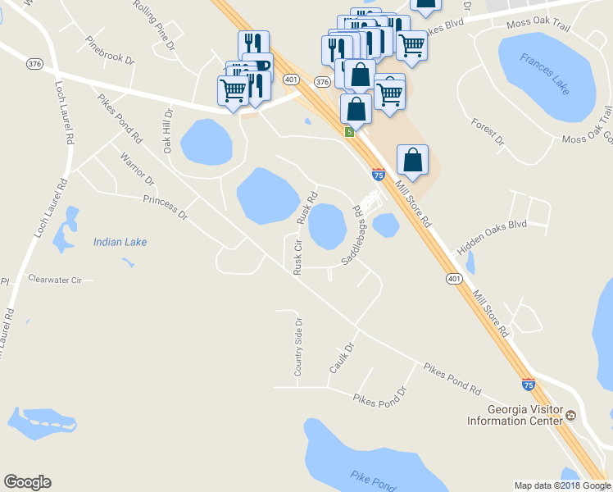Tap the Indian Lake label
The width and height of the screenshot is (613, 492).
[x=120, y=242]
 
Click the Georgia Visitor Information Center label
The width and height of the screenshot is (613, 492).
[x=515, y=415]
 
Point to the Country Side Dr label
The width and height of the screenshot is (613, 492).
[x=298, y=347]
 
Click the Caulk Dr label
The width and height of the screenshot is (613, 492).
[x=340, y=358]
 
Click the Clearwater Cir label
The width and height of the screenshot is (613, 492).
[x=55, y=280]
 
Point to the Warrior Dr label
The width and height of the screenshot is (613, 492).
[x=136, y=167]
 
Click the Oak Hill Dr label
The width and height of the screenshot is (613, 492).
[x=168, y=130]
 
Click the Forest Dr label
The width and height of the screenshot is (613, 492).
[x=488, y=131]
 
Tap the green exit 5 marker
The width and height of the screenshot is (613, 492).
[x=350, y=132]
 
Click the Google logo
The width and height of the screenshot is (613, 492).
[x=27, y=482]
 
